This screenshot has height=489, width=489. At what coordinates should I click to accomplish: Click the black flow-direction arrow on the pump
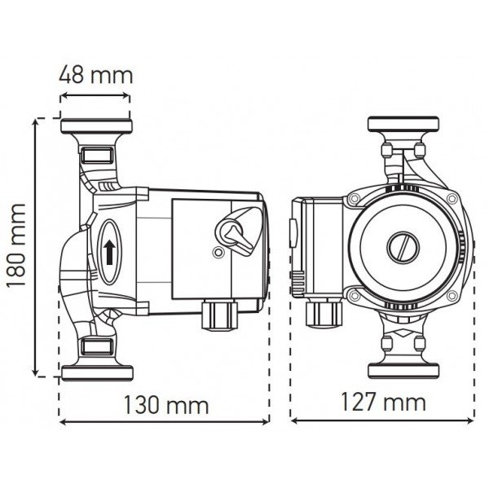[x=109, y=249]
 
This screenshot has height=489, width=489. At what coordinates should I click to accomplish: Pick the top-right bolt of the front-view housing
[x=450, y=199]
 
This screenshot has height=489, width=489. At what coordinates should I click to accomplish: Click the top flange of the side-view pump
[x=96, y=129]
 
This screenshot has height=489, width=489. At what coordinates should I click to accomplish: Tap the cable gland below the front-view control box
[x=320, y=315]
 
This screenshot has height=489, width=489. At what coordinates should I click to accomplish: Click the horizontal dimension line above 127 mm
[x=383, y=421]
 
